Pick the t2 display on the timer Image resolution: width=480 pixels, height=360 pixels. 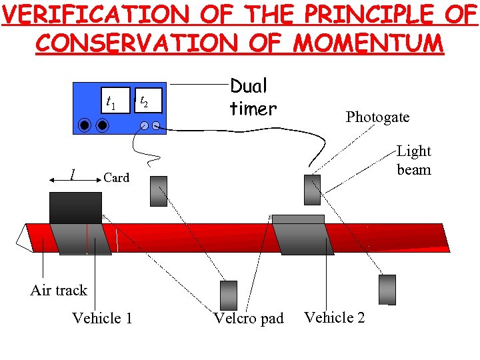(148, 101)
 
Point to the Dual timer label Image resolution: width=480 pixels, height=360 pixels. (253, 97)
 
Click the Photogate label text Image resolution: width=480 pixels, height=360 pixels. (377, 117)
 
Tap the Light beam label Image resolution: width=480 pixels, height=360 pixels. (414, 160)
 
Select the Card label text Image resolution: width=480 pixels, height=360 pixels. (117, 177)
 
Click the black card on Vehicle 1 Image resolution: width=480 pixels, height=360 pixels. (75, 207)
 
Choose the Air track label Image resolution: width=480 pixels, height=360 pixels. (59, 290)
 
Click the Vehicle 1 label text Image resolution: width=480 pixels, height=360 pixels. (102, 318)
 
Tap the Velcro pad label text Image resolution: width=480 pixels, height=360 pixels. (249, 319)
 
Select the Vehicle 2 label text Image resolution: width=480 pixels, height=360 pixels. (335, 317)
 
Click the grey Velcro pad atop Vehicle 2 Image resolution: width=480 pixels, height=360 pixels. (298, 219)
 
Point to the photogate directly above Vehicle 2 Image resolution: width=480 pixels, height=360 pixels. (312, 189)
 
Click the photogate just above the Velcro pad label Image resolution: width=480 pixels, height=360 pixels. (229, 295)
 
